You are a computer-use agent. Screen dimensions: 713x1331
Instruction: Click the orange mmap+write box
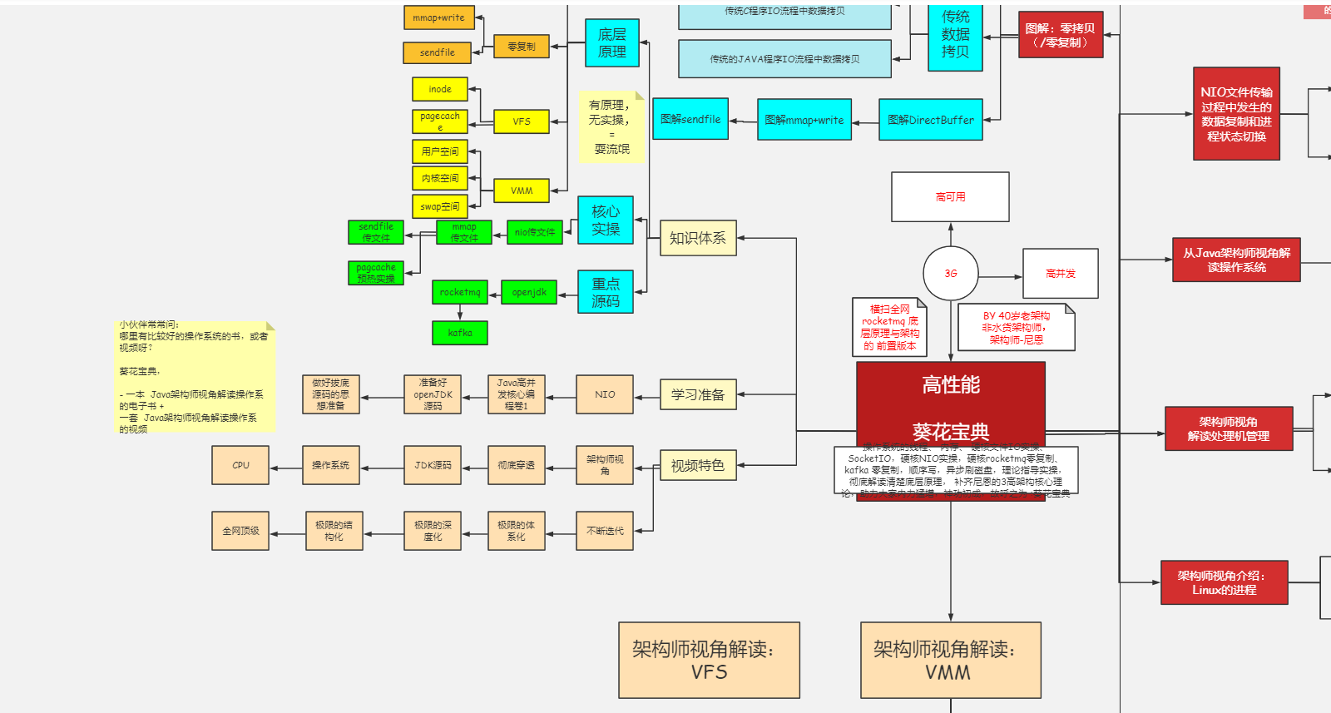coord(438,17)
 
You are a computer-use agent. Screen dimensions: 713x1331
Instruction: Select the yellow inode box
coord(440,89)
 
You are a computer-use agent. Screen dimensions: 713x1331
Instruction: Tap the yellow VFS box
coord(521,121)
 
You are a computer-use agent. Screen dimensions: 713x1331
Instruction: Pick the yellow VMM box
coord(521,191)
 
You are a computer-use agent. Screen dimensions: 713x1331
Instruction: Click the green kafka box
coord(460,333)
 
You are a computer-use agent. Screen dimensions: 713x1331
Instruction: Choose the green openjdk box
coord(529,292)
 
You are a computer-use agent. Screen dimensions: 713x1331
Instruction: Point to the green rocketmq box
coord(460,292)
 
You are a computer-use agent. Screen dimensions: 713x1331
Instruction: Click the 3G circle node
coord(950,273)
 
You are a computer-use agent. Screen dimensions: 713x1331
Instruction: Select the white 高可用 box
coord(950,197)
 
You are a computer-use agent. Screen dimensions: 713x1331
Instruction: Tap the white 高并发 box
coord(1060,274)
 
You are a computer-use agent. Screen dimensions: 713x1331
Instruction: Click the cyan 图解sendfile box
coord(690,119)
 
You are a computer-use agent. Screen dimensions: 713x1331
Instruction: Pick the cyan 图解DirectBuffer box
coord(930,120)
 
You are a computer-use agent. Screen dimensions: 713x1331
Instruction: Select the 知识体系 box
coord(698,238)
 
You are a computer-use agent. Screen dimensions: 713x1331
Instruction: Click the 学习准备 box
coord(698,394)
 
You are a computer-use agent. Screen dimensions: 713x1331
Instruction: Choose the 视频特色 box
coord(698,466)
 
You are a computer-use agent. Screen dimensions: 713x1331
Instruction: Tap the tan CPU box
coord(240,465)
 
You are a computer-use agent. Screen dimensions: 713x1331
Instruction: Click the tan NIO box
coord(605,394)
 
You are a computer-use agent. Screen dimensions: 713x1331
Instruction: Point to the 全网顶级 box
coord(240,531)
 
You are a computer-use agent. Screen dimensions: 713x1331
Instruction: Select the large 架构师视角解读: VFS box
coord(709,660)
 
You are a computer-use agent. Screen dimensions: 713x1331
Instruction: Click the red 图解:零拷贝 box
coord(1061,35)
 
